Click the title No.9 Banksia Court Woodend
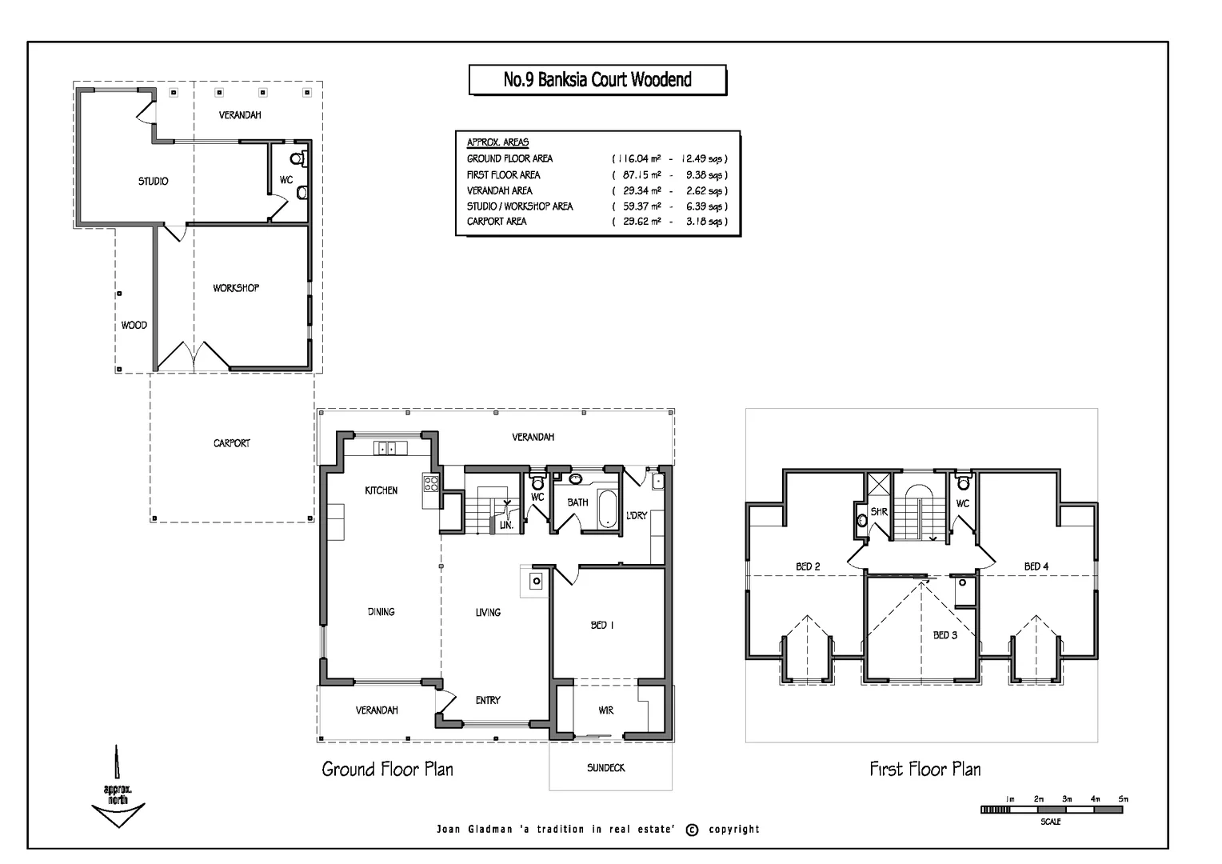[597, 80]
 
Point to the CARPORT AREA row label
[497, 222]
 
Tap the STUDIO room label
[154, 182]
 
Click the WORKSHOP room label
[236, 288]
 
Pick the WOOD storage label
[134, 326]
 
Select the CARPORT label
[231, 443]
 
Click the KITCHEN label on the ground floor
[381, 490]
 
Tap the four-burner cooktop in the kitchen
[431, 483]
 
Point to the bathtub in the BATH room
[607, 509]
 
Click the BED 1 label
[602, 625]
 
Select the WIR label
[605, 710]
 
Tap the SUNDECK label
[605, 768]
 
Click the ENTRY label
[488, 700]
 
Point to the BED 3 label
[944, 635]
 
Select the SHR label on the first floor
[879, 512]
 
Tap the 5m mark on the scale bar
[1123, 799]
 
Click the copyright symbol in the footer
[693, 830]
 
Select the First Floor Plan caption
[925, 770]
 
